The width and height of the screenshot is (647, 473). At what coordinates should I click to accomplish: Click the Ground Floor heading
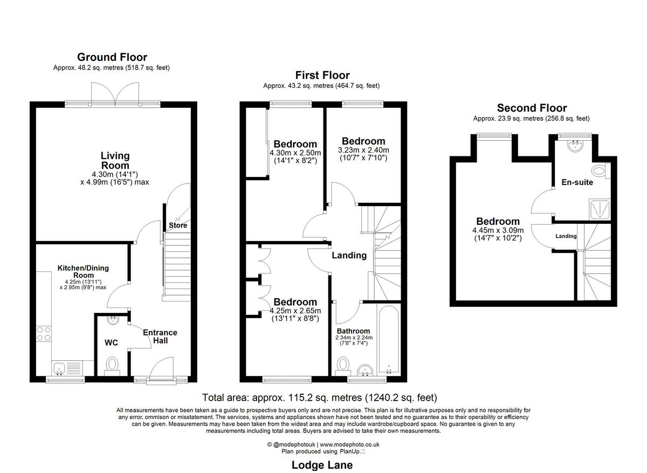[x=112, y=57]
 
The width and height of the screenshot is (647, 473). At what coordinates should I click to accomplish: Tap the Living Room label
[x=115, y=161]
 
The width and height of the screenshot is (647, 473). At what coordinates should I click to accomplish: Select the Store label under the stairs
[x=178, y=225]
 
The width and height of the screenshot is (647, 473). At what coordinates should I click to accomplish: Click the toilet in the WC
[x=112, y=365]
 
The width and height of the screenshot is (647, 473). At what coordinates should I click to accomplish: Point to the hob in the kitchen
[x=43, y=334]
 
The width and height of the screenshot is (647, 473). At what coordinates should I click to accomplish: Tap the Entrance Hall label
[x=160, y=337]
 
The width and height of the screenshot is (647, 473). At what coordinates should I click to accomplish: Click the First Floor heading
[x=322, y=76]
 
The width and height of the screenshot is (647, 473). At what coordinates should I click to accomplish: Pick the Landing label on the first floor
[x=349, y=255]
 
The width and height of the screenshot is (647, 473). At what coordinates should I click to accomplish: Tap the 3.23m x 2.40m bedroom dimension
[x=363, y=154]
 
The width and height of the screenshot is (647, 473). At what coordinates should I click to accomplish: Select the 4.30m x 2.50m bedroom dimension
[x=295, y=156]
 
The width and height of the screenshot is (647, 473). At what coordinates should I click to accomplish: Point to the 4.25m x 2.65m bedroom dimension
[x=295, y=314]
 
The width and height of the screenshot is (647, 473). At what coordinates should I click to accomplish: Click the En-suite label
[x=577, y=182]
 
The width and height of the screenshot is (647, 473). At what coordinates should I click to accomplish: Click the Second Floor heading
[x=532, y=108]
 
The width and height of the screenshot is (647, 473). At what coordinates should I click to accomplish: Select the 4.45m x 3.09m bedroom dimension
[x=498, y=234]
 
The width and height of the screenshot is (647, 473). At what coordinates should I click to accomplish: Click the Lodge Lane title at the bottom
[x=322, y=465]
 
